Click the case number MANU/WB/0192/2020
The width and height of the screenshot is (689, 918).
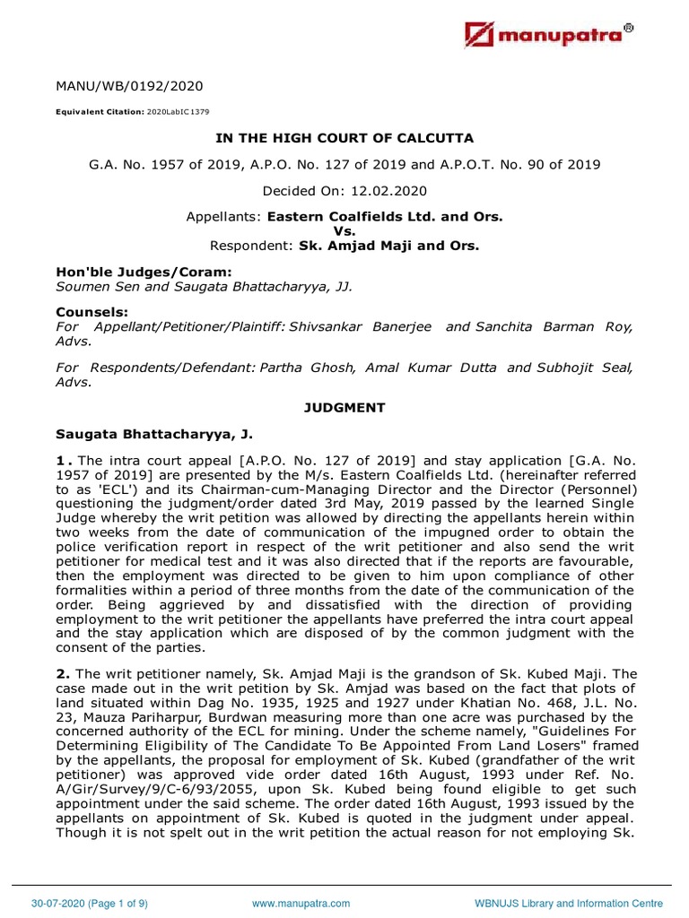[129, 87]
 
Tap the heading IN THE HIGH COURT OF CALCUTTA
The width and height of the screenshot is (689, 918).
[344, 138]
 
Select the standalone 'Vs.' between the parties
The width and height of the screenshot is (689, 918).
[344, 231]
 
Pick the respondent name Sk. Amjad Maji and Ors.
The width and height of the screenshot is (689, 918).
[392, 245]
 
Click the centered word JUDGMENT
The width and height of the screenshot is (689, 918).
[344, 408]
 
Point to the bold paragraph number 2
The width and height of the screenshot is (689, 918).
[62, 673]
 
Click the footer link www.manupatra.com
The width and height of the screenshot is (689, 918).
[301, 904]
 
